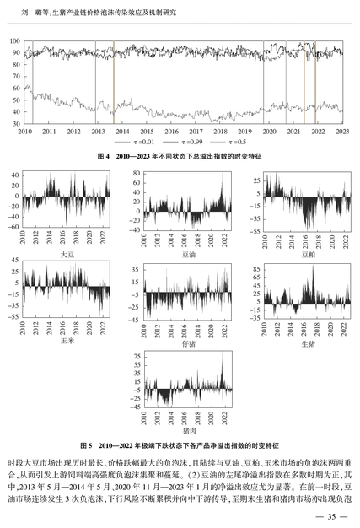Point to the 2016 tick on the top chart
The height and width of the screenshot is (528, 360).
pos(171,132)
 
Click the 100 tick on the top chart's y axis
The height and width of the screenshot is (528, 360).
pos(15,41)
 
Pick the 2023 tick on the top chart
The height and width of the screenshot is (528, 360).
pos(342,132)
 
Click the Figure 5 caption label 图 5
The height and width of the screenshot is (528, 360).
pos(86,445)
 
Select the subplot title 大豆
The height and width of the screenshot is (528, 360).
pos(67,255)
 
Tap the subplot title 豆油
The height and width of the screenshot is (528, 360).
pos(188,255)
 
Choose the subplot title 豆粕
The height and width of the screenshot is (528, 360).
pos(309,255)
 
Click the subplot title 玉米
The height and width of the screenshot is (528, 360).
pos(67,341)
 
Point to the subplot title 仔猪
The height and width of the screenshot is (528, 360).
pos(188,343)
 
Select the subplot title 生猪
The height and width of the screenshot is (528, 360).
pos(309,343)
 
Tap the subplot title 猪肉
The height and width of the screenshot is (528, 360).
pos(189,431)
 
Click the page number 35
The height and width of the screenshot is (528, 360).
pos(331,516)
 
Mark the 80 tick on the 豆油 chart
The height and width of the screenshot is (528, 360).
pos(137,173)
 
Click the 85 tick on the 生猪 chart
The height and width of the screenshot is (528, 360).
pos(256,269)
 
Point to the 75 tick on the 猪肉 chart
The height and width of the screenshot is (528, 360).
pos(137,357)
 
